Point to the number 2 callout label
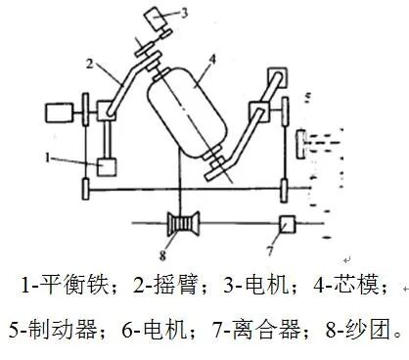(90, 63)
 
